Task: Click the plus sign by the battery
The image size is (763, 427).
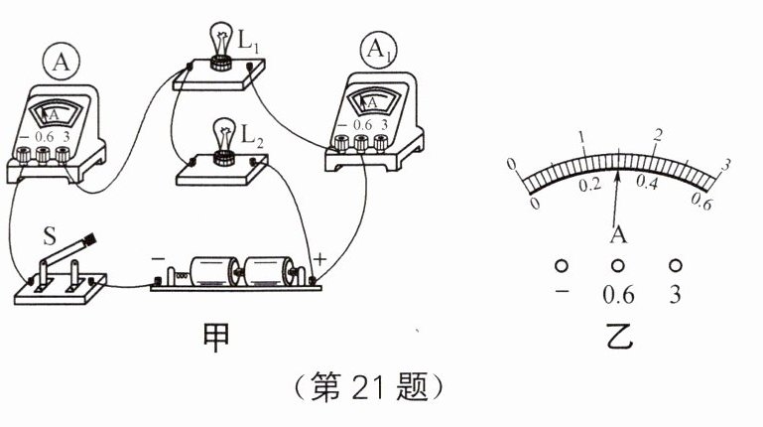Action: [320, 260]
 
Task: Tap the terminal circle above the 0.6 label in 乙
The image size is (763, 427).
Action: [617, 266]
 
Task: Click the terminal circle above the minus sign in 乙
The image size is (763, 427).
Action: [562, 266]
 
